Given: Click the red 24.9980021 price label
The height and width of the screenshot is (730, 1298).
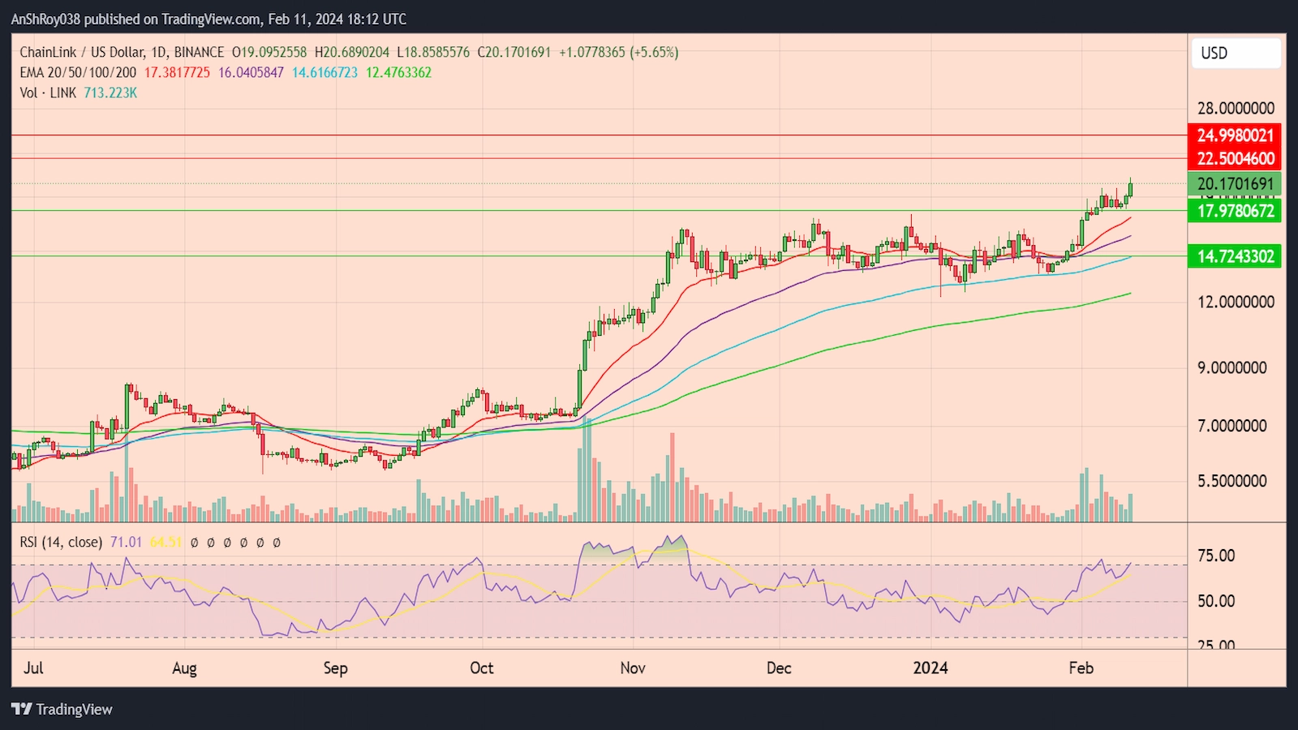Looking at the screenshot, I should pos(1235,135).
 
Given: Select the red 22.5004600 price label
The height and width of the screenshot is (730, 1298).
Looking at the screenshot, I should pos(1235,158).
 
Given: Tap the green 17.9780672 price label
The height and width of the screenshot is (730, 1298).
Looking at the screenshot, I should pos(1235,211).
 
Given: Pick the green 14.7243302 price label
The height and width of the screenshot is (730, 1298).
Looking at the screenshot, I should pos(1235,256).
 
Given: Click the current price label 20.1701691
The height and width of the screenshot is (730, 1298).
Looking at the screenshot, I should pos(1235,184).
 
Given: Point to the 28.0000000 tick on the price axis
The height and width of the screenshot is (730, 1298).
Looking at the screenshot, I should pos(1236,109).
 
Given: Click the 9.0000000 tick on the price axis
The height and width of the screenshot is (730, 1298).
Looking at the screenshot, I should pos(1231,367).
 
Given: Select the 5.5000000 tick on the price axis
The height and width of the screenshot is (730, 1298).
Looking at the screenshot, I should pos(1231,481).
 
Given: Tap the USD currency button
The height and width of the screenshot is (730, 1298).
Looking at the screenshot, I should pos(1235,54).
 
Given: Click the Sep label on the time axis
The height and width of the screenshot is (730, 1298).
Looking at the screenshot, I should pos(335,668).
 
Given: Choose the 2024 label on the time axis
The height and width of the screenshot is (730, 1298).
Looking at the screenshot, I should pos(930,668).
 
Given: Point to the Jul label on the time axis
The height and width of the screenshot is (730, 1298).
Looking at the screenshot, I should pos(33,668).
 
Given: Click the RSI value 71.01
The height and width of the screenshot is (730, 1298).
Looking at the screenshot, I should pos(126,542).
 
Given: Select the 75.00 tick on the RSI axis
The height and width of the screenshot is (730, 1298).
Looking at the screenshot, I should pos(1216,556).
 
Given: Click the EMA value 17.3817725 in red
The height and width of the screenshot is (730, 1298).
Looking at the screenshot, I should pos(177,72).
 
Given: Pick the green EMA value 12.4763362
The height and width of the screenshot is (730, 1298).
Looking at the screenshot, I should pos(398,72).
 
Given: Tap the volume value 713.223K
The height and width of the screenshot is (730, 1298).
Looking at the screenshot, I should pos(110,92).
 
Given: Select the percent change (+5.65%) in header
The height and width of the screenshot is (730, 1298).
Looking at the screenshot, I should pos(654,52).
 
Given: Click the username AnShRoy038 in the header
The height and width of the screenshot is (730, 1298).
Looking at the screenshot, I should pos(45,19).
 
